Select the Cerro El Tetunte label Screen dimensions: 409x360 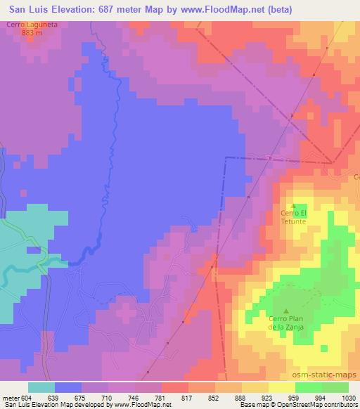point(294,216)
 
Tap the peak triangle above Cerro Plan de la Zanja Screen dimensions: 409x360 point(285,311)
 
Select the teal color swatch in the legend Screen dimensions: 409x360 point(41,387)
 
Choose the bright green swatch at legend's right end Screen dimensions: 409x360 point(335,387)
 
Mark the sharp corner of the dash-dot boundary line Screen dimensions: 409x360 point(226,158)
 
